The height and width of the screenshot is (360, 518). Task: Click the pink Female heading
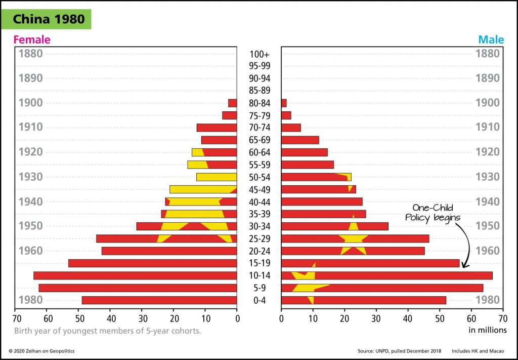(32, 39)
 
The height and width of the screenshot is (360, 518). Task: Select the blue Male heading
(491, 39)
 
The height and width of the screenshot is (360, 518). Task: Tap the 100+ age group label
(260, 54)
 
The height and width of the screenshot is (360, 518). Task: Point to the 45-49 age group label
(260, 189)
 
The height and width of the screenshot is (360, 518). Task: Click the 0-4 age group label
(260, 300)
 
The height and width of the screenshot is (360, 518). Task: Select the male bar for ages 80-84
(284, 103)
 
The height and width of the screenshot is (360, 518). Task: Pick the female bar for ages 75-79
(230, 115)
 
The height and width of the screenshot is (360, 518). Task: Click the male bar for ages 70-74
(291, 128)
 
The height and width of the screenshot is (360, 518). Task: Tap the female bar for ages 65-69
(219, 140)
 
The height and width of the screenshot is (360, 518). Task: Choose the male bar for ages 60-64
(305, 152)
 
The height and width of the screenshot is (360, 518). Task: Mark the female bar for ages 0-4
(159, 300)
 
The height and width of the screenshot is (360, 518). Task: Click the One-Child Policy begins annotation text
(433, 212)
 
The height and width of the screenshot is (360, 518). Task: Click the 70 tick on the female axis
(17, 319)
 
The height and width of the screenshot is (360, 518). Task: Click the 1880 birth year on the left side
(30, 54)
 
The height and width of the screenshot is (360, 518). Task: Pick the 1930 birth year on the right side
(488, 177)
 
